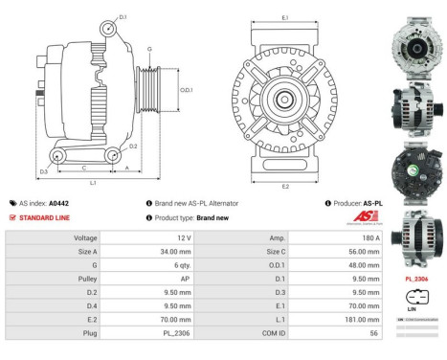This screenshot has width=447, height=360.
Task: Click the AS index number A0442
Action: pos(58,203)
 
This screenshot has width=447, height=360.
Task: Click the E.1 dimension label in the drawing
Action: pos(285,17)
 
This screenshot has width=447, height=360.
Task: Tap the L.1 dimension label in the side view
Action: pos(92,182)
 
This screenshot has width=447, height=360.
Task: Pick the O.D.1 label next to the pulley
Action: pos(187,91)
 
